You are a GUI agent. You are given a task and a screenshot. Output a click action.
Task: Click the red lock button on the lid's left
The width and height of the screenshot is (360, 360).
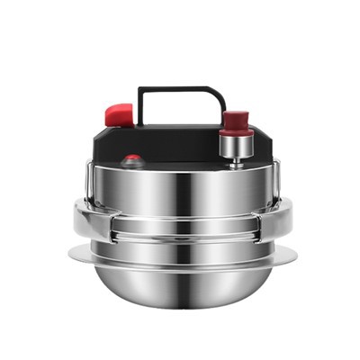point(119,114)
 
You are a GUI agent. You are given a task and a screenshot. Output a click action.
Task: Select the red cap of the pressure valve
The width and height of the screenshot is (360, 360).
point(237,120)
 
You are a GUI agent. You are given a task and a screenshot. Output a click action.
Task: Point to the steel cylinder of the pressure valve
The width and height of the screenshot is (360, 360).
point(237,143)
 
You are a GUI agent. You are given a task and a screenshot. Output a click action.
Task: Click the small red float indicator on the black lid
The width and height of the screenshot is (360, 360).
point(132,160)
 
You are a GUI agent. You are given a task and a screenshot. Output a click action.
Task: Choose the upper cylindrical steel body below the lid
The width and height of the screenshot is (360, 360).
point(184,193)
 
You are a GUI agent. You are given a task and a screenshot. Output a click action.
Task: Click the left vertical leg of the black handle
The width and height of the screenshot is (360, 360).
point(139,106)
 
